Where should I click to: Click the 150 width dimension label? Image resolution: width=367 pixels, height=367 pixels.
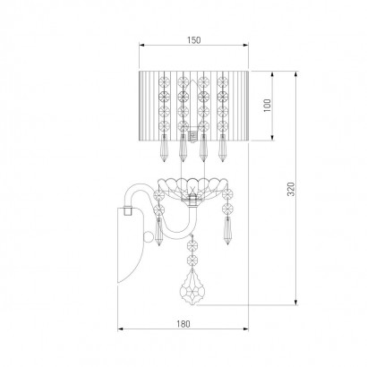(194, 39)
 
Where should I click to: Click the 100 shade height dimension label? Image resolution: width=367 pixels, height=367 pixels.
(267, 105)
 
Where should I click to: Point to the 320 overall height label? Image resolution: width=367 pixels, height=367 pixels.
(291, 189)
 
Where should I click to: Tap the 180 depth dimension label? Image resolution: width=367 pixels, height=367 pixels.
(183, 324)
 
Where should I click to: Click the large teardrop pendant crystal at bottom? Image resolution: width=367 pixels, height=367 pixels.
(192, 287)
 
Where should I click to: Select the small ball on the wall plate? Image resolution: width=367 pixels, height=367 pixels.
(148, 236)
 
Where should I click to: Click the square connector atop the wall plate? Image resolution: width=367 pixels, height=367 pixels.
(128, 210)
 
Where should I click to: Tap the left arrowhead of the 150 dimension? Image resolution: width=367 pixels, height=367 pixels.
(142, 45)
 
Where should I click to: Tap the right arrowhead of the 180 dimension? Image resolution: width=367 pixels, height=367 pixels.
(245, 329)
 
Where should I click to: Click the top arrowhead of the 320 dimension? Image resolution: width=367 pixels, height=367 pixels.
(295, 74)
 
